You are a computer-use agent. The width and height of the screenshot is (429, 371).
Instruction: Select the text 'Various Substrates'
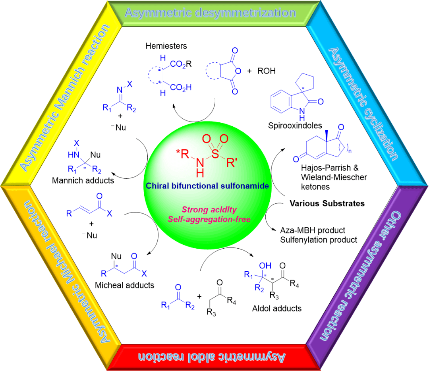click(327, 203)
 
